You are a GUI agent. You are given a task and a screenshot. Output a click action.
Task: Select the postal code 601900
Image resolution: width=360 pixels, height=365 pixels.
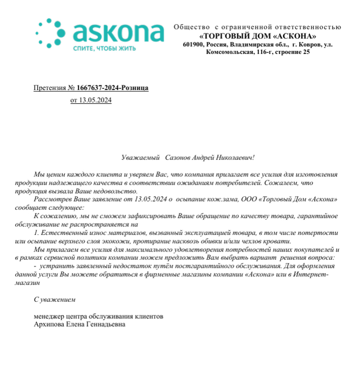[x=193, y=44]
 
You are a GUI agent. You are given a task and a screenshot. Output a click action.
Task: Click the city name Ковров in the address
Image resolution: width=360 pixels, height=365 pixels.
[x=307, y=44]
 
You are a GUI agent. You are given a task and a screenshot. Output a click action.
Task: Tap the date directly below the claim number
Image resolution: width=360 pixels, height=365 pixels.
[x=91, y=100]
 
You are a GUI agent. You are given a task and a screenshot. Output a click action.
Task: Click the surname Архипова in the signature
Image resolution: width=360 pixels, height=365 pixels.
[x=50, y=324]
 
